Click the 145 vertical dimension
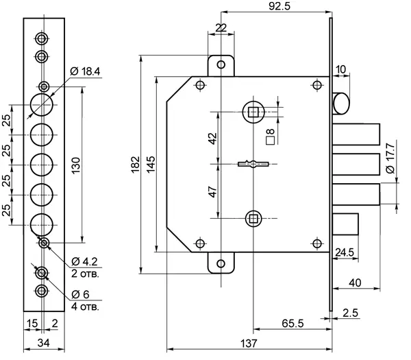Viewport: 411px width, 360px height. click(150, 165)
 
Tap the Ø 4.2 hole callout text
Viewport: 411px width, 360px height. click(86, 261)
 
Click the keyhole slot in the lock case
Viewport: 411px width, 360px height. click(253, 164)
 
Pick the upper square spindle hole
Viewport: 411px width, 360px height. click(253, 110)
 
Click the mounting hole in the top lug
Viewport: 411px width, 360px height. click(221, 64)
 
